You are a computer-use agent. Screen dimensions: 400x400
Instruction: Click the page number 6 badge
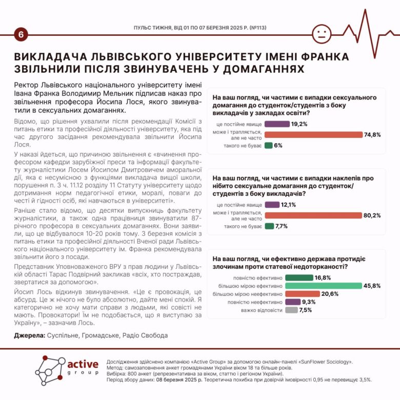pos(21,35)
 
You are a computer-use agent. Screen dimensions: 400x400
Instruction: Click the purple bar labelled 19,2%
pos(277,124)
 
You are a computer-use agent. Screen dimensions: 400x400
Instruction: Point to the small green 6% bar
pos(268,145)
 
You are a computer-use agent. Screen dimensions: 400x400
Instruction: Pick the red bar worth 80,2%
pos(320,215)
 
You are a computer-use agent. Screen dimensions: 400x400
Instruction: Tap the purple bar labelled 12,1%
pos(272,204)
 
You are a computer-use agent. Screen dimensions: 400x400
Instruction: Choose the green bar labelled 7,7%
pos(269,226)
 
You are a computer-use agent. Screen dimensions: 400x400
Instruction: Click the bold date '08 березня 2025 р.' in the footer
pos(174,380)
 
